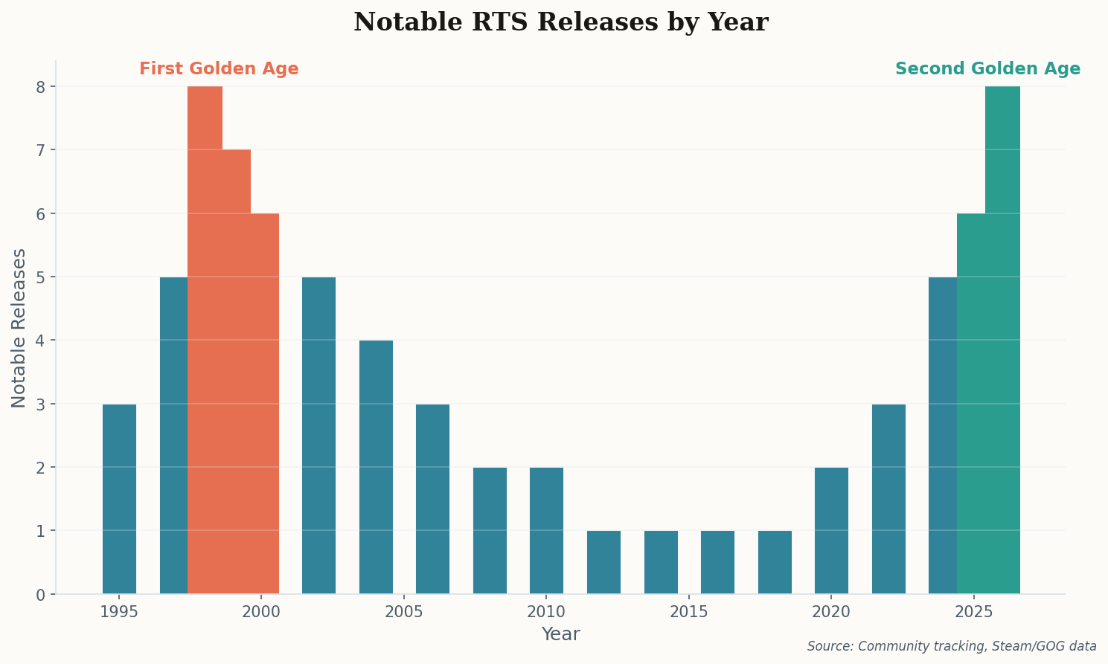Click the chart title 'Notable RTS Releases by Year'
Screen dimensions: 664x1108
pos(560,22)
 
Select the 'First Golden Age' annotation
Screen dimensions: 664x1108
pos(219,69)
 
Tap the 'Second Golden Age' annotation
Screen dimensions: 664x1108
pos(987,69)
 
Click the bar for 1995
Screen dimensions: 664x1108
pos(119,499)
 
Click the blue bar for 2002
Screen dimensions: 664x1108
pos(318,435)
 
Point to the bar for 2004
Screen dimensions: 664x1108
pos(376,467)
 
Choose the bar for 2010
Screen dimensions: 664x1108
pos(546,530)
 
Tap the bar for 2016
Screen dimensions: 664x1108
pos(717,562)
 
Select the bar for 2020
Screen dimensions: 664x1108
pos(831,530)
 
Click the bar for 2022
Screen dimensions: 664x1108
pos(888,499)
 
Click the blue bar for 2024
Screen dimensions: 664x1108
pos(942,435)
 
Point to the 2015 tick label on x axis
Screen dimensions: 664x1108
pos(689,612)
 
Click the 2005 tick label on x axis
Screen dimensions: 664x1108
pos(404,612)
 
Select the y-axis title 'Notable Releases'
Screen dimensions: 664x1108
pos(19,328)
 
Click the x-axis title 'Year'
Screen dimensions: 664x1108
pos(560,634)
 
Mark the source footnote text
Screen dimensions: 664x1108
pos(952,646)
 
